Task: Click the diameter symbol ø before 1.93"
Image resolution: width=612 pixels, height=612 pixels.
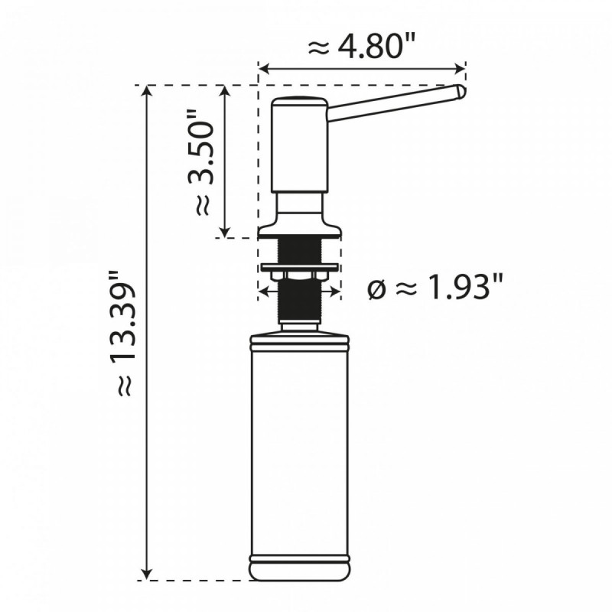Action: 376,290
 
